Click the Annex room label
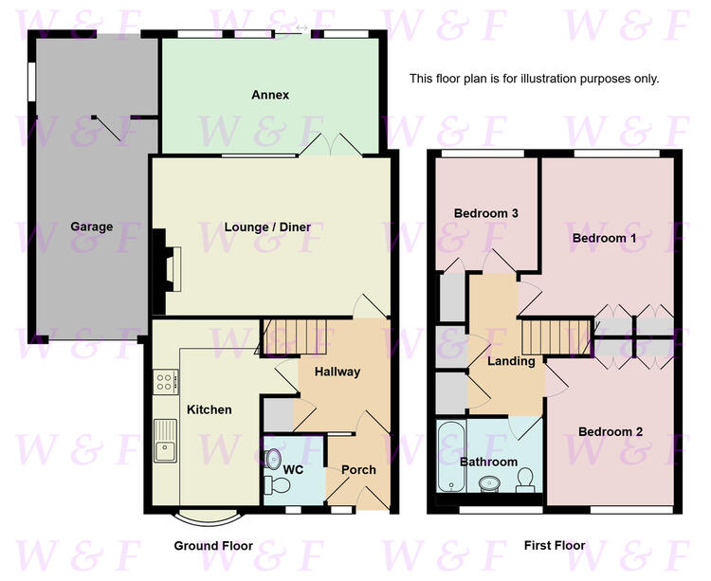[x=270, y=95]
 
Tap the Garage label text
[x=92, y=227]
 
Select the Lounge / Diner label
[x=267, y=227]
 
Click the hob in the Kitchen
[x=166, y=382]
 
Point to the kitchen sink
[x=165, y=441]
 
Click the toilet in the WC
[x=277, y=485]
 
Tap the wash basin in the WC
[x=272, y=459]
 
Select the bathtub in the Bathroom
[x=451, y=457]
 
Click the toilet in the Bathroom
[x=524, y=480]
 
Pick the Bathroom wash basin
[x=489, y=484]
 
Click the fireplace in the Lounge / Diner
[x=167, y=271]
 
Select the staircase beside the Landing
[x=556, y=337]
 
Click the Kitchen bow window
[x=208, y=518]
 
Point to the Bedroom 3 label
[x=486, y=213]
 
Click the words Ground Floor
[x=213, y=546]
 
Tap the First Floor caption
[x=555, y=545]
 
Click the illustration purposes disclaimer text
[x=534, y=79]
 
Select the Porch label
[x=358, y=470]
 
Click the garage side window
[x=31, y=82]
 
